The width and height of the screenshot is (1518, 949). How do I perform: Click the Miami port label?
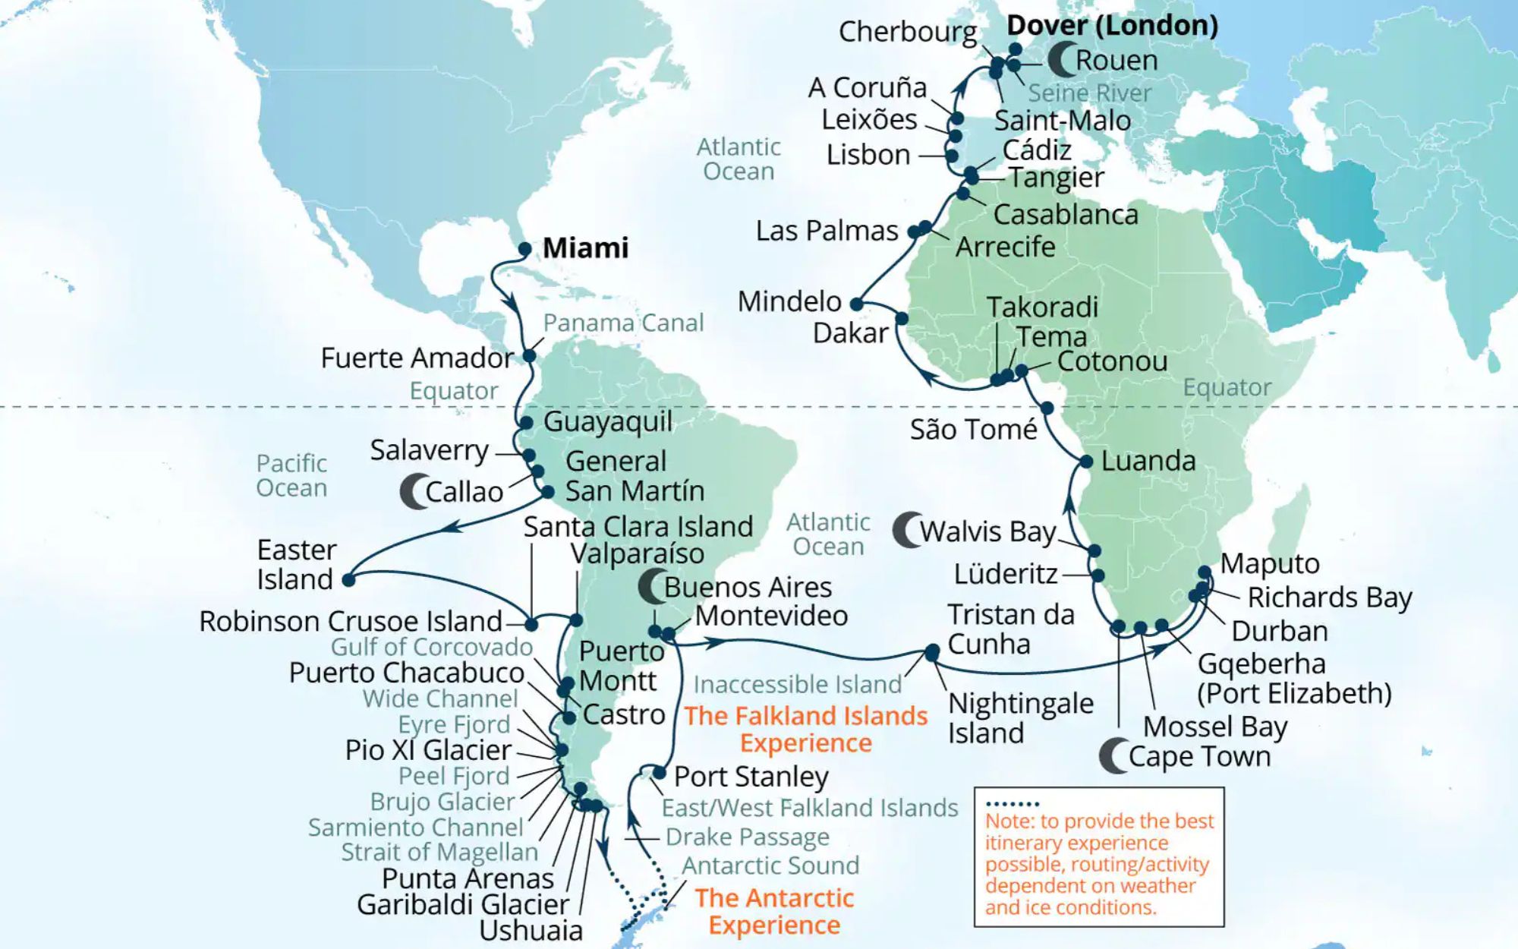click(585, 248)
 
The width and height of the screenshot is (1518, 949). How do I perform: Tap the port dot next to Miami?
click(524, 249)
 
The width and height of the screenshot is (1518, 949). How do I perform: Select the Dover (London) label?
click(1112, 25)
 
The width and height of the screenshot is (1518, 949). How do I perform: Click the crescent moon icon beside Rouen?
click(1061, 59)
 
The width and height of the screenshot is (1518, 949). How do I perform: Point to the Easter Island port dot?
click(348, 580)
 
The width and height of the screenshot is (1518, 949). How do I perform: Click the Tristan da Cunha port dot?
click(932, 652)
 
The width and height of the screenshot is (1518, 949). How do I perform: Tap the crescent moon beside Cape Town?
click(1113, 756)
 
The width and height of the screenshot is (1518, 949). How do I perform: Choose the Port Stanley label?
click(751, 777)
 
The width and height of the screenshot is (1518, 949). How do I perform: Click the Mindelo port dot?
click(856, 304)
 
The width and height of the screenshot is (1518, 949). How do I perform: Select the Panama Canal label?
click(623, 323)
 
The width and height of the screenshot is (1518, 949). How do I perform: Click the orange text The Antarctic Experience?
click(774, 911)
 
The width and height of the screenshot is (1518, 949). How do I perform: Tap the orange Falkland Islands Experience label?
click(805, 729)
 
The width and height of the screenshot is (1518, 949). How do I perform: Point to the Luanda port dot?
click(1086, 462)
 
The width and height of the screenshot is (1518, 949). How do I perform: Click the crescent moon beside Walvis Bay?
click(906, 530)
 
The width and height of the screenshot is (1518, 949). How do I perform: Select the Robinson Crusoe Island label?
click(351, 621)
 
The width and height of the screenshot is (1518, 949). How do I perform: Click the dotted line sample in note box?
click(1013, 803)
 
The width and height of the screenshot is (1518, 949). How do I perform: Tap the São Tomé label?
click(973, 430)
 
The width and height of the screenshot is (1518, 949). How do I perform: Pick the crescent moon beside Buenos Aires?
click(651, 587)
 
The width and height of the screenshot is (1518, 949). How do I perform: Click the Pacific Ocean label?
click(291, 475)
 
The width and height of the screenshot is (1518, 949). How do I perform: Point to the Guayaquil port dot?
click(526, 422)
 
